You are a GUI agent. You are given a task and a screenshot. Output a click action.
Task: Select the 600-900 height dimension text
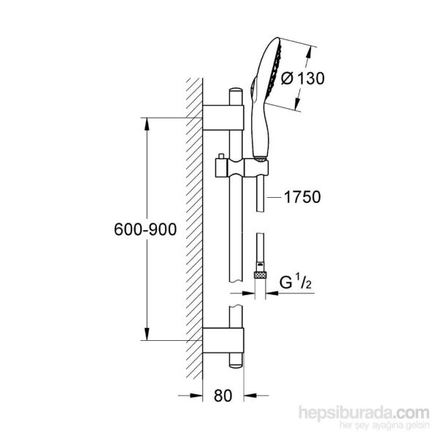(x=145, y=229)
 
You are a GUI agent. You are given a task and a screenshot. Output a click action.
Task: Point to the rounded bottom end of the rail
(x=236, y=363)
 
